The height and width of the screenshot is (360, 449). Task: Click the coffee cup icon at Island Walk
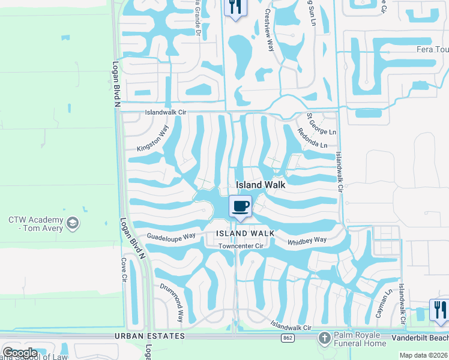click(x=240, y=206)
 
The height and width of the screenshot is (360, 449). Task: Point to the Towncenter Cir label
click(x=242, y=246)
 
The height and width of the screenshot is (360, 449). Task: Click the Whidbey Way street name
click(x=307, y=240)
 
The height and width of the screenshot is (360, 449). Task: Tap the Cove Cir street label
click(x=124, y=270)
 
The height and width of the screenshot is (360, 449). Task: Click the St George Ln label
click(x=321, y=124)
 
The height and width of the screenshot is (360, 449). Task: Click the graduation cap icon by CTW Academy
click(x=73, y=223)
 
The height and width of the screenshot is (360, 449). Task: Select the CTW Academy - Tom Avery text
click(x=36, y=224)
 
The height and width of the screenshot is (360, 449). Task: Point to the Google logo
click(x=20, y=353)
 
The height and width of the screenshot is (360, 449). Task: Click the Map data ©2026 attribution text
click(x=423, y=355)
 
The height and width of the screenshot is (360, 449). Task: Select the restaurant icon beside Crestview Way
click(x=234, y=7)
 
